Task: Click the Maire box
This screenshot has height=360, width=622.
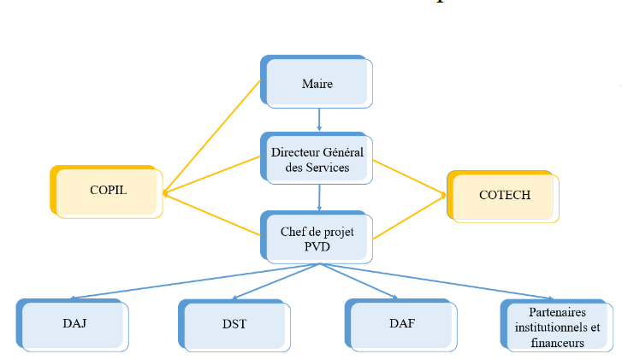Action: coord(317,83)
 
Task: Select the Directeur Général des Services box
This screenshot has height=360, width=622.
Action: coord(317,159)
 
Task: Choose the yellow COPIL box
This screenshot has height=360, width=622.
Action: coord(108,191)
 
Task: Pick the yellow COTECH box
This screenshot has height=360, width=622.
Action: coord(504,196)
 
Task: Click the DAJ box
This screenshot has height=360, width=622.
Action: coord(74,324)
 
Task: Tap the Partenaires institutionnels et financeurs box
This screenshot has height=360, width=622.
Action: coord(556,326)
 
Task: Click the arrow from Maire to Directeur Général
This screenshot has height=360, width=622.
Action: coord(319,118)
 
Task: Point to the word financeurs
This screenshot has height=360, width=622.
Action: coord(556,343)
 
